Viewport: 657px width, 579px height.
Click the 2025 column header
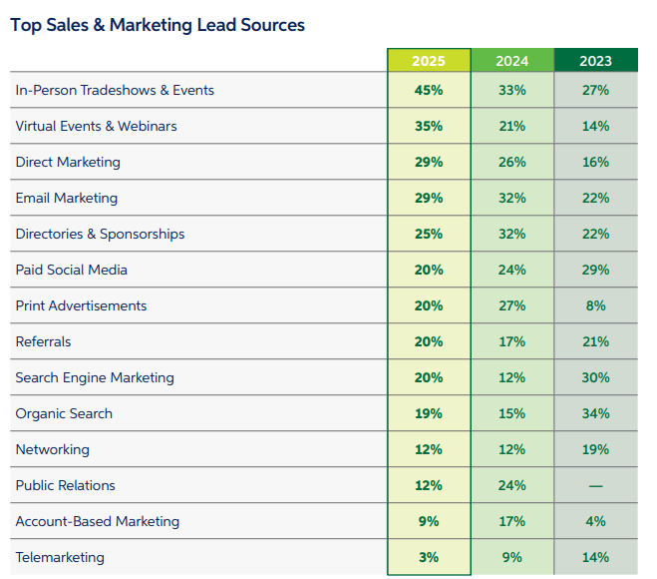tap(429, 61)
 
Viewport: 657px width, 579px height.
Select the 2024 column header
tap(511, 61)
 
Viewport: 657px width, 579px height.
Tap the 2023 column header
tap(595, 61)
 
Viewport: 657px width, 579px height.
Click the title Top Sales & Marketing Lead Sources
tap(158, 24)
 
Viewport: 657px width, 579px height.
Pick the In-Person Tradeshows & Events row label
tap(115, 91)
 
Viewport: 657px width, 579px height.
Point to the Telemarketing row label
tap(60, 558)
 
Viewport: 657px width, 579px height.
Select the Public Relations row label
tap(66, 486)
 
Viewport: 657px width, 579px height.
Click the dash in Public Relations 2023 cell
tap(595, 486)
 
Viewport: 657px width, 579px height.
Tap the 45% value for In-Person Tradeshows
tap(429, 91)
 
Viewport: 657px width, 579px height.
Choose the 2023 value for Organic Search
tap(595, 414)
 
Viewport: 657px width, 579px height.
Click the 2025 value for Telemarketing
tap(429, 558)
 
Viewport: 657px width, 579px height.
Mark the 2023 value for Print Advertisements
tap(595, 306)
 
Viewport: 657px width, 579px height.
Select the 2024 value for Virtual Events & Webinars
tap(511, 127)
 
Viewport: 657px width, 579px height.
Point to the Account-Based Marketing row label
tap(98, 522)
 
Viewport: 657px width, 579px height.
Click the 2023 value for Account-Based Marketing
tap(595, 522)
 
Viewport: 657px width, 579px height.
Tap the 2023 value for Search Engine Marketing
tap(595, 378)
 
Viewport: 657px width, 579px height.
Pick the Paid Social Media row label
tap(72, 271)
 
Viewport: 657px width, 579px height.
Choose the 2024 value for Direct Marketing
tap(511, 163)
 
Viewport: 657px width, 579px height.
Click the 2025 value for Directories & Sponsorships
tap(429, 235)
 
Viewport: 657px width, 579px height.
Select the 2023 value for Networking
tap(595, 450)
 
